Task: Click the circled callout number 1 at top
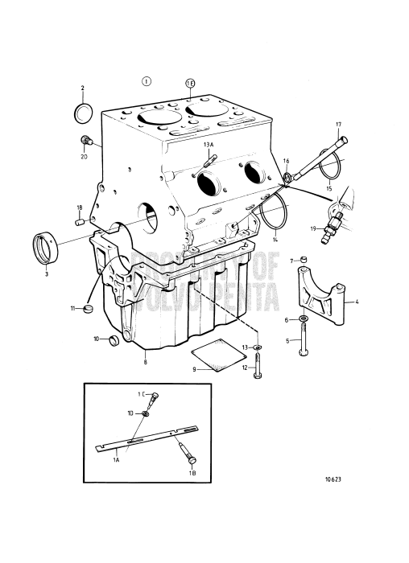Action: tap(146, 81)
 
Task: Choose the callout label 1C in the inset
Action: tap(140, 394)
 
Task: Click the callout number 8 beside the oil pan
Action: tap(145, 363)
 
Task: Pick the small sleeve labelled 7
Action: tap(301, 259)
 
